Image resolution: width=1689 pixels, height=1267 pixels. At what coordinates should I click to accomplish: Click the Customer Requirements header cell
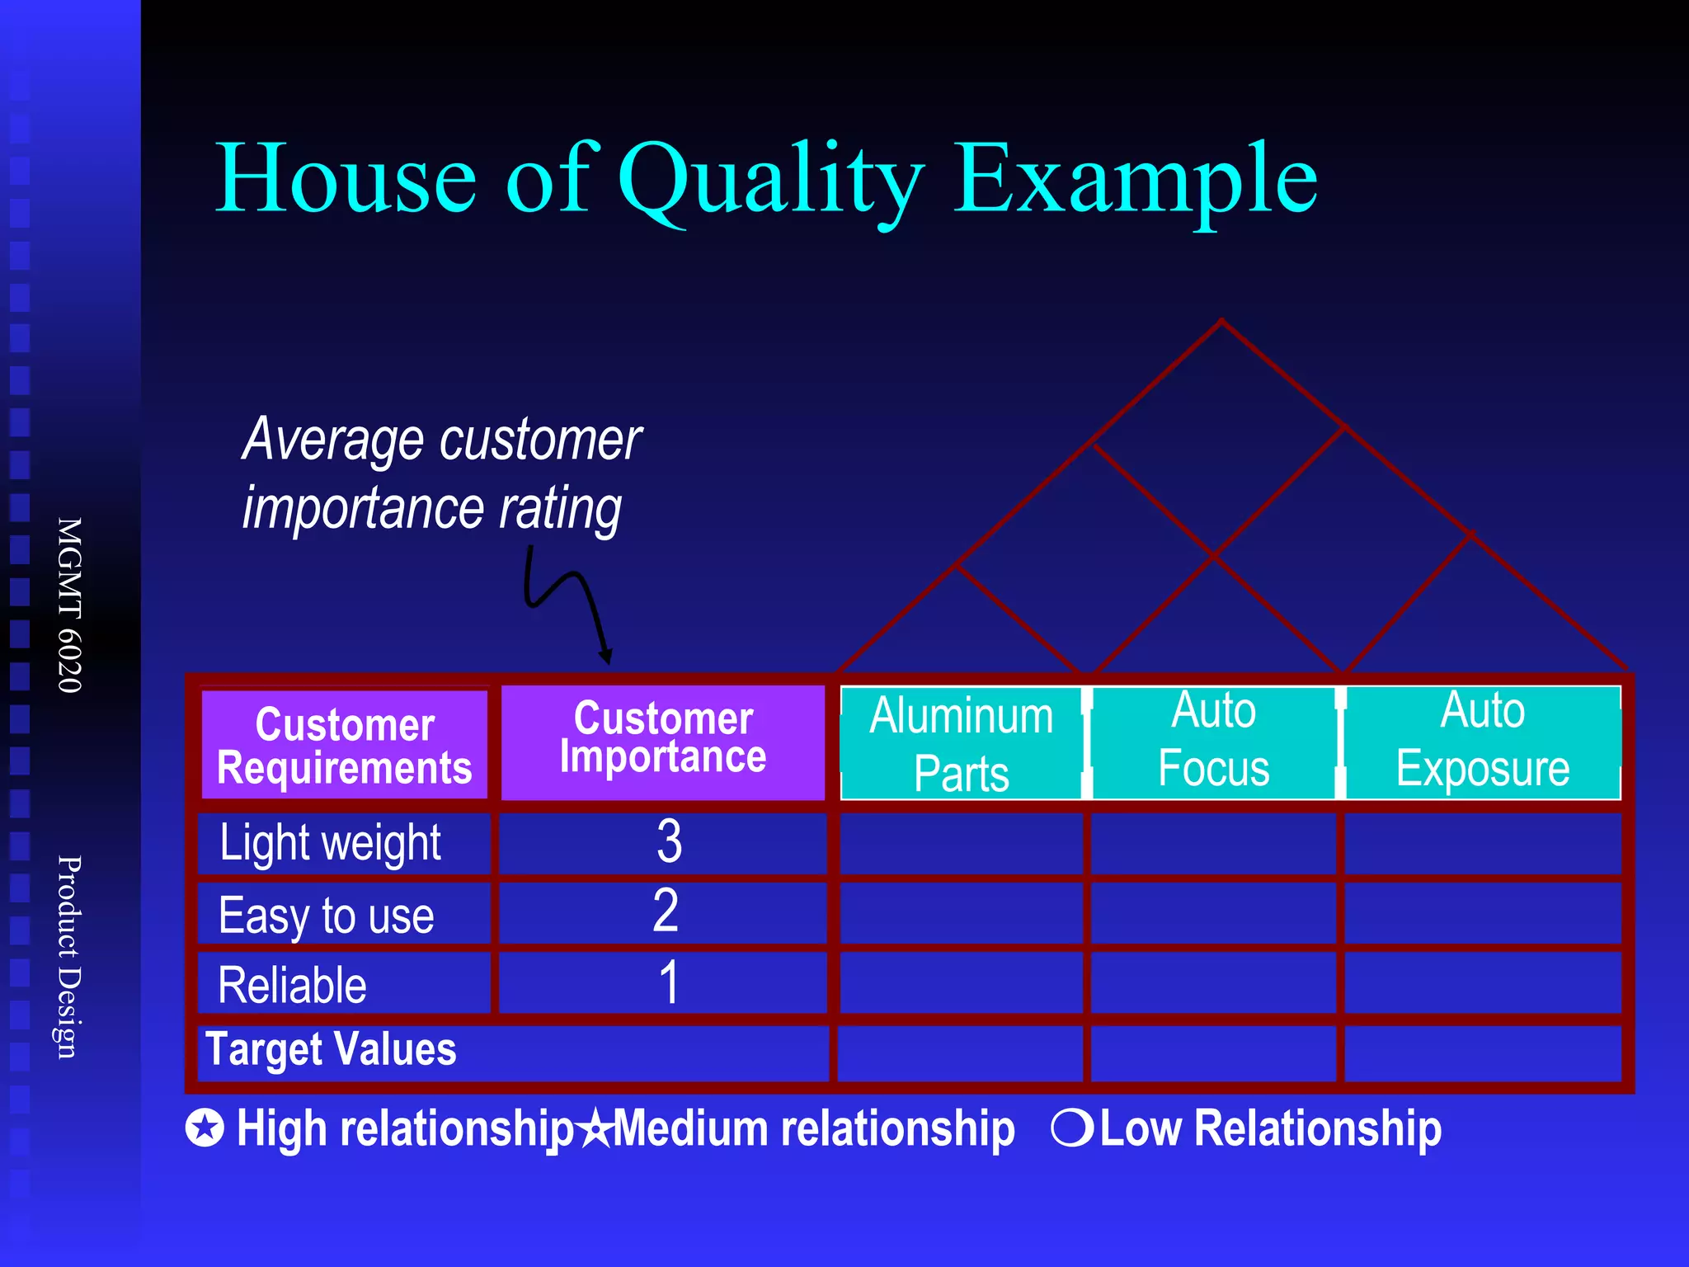click(345, 745)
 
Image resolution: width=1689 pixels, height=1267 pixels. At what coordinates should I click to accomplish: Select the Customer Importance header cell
click(663, 740)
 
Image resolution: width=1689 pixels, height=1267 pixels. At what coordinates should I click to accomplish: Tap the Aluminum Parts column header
click(961, 743)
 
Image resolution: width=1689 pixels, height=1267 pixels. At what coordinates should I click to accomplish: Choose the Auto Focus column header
click(1213, 740)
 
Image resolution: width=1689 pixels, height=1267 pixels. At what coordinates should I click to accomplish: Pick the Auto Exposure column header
click(1482, 740)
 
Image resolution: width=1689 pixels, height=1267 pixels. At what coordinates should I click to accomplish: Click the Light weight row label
click(331, 843)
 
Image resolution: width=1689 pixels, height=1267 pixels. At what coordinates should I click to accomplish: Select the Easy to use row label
click(327, 915)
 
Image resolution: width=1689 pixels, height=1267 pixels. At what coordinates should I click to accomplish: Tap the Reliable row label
click(293, 985)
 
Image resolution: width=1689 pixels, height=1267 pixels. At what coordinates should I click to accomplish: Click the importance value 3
click(669, 842)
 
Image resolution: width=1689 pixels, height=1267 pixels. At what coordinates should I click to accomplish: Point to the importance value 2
click(666, 912)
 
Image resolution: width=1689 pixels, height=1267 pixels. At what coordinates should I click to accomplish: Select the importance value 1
click(669, 982)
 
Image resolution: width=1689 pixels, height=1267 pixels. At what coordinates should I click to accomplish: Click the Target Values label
click(331, 1050)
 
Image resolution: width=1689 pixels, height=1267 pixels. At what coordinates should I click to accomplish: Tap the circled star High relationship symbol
click(205, 1128)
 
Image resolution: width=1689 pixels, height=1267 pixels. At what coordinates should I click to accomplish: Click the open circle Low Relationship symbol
click(1071, 1128)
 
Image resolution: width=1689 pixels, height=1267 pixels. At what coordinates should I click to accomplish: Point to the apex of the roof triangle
click(1221, 321)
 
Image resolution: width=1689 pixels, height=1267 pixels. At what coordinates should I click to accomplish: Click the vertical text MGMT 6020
click(69, 605)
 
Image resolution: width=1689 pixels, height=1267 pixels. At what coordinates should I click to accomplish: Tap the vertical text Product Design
click(69, 957)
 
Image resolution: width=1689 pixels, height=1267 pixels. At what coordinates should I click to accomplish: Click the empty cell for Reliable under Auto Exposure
click(1482, 982)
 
